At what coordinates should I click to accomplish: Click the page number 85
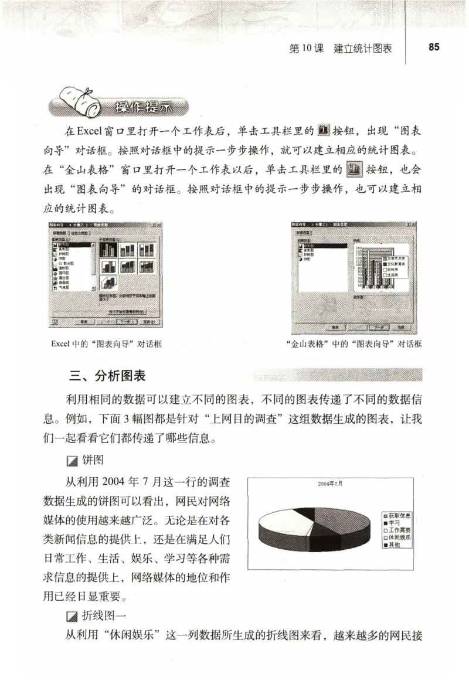(x=434, y=47)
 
